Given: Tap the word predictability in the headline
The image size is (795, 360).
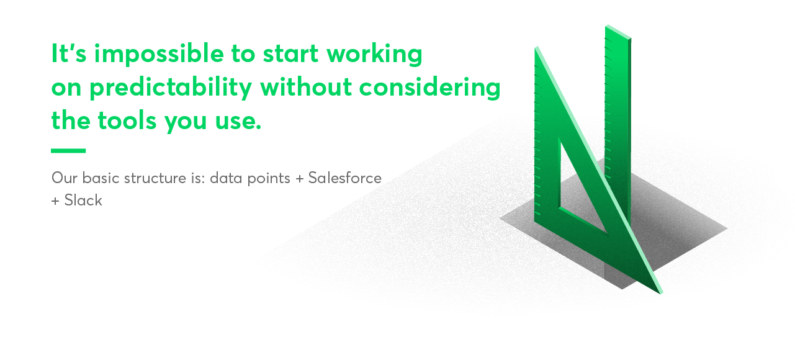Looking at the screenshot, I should click(x=170, y=88).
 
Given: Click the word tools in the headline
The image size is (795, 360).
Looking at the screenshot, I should click(x=127, y=120).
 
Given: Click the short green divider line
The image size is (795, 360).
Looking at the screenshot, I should click(x=68, y=151).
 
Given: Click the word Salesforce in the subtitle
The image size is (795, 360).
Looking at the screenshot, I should click(x=344, y=178).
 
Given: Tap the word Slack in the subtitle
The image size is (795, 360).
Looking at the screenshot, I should click(x=83, y=200).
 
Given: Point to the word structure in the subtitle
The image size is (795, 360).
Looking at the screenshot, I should click(x=154, y=178).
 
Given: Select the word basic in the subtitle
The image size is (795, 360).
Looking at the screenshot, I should click(x=98, y=178).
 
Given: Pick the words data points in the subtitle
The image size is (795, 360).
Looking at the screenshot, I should click(x=249, y=178).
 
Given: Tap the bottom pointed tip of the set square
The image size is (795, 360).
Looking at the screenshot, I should click(x=660, y=291).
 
